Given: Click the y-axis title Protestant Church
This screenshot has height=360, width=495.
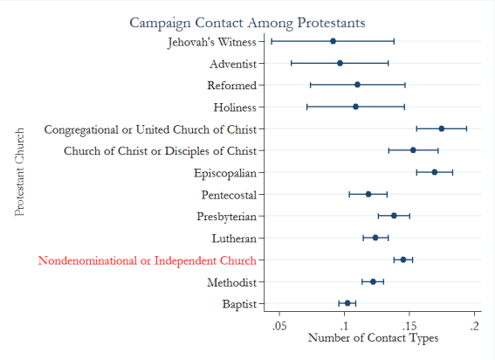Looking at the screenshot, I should [20, 172].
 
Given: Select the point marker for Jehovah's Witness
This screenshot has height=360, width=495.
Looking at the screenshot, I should [333, 41].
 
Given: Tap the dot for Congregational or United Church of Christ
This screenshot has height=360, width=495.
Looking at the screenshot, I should [441, 128].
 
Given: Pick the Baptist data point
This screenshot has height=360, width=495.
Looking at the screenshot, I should [347, 303].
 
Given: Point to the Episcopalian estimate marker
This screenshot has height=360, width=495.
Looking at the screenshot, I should [434, 172].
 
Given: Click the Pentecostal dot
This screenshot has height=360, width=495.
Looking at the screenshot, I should [368, 194].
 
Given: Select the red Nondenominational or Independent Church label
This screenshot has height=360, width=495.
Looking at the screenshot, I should [147, 260].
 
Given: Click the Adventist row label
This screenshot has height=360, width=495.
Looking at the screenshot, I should [233, 64].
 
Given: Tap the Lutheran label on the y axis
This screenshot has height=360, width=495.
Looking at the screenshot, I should [234, 239].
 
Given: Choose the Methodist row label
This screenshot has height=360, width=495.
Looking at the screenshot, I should [231, 282].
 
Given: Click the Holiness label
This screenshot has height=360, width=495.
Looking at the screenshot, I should [235, 107].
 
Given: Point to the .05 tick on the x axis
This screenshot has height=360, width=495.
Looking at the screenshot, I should [279, 326].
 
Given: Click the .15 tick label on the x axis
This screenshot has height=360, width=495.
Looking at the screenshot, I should [410, 326].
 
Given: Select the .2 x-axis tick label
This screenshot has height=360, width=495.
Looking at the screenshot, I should [476, 326].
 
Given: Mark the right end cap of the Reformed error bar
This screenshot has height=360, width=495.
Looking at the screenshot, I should [405, 85].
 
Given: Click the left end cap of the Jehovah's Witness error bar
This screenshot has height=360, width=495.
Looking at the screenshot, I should [272, 41].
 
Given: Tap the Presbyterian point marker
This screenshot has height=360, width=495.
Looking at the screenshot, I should [394, 216].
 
